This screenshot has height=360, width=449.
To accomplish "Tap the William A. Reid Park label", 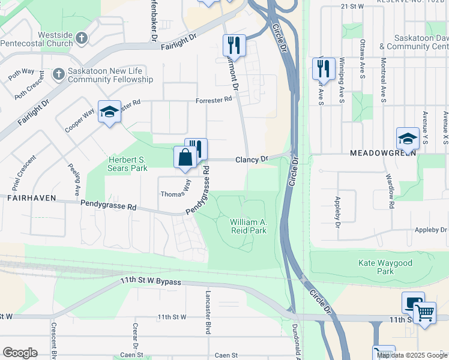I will [249, 226].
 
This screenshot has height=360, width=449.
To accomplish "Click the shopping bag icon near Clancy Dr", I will [185, 158].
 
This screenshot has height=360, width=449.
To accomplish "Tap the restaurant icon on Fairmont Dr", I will [234, 46].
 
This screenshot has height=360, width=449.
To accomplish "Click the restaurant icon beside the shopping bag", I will [196, 148].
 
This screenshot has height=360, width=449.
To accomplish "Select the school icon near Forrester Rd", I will [109, 112].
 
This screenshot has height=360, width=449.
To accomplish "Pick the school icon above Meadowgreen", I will [408, 138].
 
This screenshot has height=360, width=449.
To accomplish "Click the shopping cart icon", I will [424, 312].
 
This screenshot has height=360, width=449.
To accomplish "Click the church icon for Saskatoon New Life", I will [58, 74].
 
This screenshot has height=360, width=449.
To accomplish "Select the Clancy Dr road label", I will [251, 160].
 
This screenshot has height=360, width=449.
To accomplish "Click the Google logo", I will [20, 353].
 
